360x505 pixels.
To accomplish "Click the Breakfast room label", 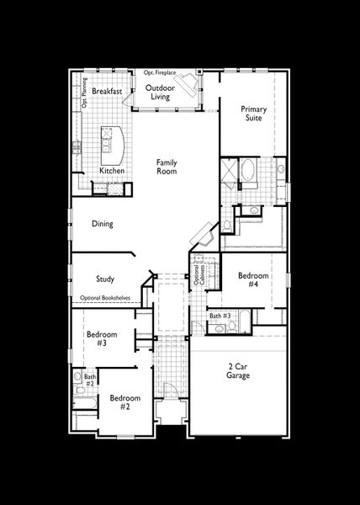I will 108,90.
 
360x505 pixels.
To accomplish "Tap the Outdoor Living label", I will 160,92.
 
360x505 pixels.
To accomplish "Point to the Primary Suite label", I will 252,114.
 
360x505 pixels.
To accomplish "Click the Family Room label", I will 167,167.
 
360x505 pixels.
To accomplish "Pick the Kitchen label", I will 112,171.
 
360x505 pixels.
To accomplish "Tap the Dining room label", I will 103,224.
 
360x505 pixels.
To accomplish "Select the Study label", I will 105,279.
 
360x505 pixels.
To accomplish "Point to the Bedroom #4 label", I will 252,280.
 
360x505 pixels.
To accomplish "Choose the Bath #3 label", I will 220,316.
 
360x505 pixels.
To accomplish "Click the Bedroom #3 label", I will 102,338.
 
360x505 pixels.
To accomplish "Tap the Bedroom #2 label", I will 124,401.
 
